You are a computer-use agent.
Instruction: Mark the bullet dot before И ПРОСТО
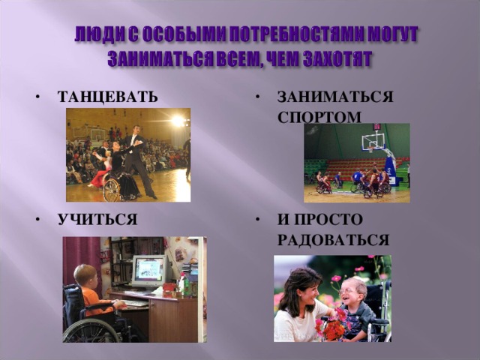258,220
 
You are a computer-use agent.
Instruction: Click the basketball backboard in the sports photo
372,140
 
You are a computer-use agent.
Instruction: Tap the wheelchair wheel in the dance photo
112,190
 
